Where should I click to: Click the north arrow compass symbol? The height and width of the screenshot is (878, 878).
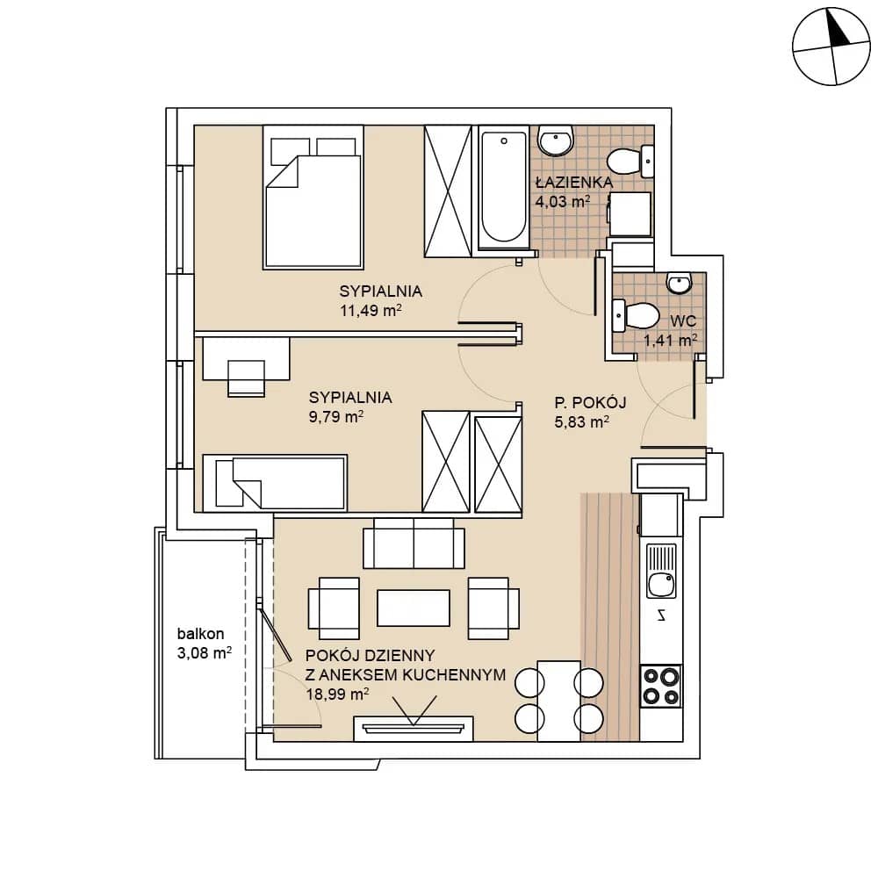(831, 47)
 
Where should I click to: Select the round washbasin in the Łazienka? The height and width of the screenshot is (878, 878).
(556, 140)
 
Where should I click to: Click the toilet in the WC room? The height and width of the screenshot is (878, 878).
(636, 316)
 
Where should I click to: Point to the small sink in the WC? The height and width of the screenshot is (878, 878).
(680, 283)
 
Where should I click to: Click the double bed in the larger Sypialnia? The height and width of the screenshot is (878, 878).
(313, 197)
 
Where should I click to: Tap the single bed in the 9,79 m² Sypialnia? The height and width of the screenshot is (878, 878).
(274, 483)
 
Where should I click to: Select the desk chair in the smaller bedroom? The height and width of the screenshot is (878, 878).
(247, 378)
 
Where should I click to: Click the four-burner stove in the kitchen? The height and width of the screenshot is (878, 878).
(661, 687)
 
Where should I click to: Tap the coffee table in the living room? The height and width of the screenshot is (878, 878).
(414, 608)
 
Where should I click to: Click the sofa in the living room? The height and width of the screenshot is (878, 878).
(414, 543)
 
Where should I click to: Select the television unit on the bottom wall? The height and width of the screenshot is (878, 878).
(414, 728)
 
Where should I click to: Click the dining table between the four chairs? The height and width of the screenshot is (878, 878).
(558, 701)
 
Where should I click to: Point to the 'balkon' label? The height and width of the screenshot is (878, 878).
(200, 634)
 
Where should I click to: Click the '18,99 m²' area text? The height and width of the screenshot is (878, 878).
(337, 694)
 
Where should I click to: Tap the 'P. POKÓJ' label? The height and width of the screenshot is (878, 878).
(590, 403)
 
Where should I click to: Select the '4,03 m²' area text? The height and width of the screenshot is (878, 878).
(563, 202)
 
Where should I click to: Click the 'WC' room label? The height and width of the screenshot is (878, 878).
(683, 321)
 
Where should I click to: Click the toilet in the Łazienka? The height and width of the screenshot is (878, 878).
(630, 161)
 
